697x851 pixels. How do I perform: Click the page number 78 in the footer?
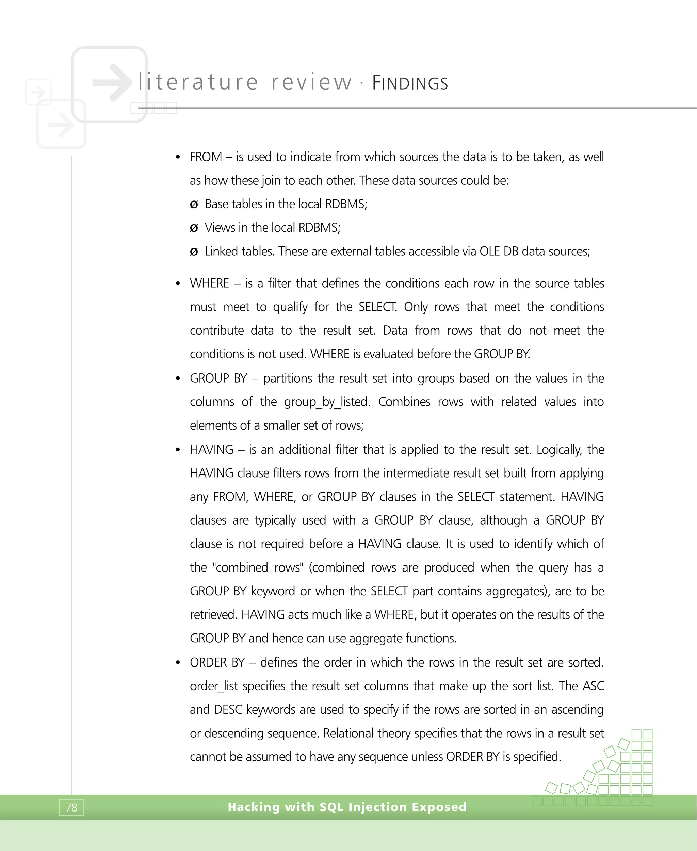coord(71,807)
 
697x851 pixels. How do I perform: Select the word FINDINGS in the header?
coord(410,83)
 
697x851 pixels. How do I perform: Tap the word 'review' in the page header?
coord(311,82)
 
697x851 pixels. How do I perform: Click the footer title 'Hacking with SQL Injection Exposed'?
coord(347,807)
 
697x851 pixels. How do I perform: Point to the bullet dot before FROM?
coord(178,157)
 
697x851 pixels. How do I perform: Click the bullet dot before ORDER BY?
coord(178,663)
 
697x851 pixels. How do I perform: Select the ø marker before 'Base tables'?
coord(194,205)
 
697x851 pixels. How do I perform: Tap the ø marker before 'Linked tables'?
coord(194,252)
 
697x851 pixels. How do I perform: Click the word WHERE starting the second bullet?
coord(210,284)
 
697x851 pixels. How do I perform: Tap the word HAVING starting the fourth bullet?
coord(212,450)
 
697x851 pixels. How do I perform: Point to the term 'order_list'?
coord(214,686)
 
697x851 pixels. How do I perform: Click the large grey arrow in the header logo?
coord(112,82)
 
